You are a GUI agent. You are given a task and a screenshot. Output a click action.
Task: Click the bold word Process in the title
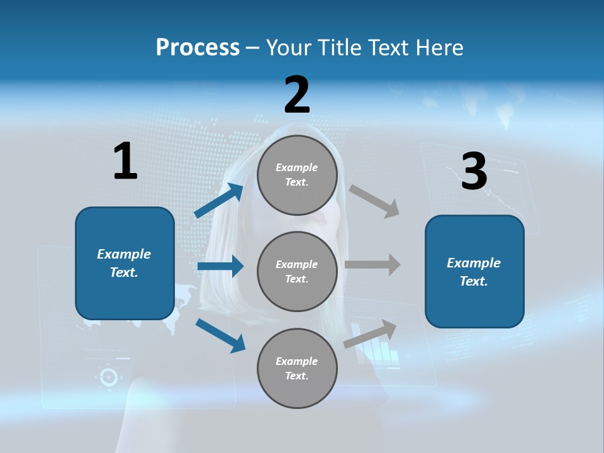click(x=198, y=48)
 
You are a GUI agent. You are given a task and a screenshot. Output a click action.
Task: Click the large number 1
click(x=125, y=162)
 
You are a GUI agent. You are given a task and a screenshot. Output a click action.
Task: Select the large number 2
click(x=297, y=95)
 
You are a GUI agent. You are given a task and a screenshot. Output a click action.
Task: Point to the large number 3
click(x=474, y=171)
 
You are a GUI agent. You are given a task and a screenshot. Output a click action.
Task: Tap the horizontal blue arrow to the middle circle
click(x=220, y=266)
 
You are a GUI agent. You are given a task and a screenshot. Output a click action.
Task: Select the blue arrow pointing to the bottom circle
click(x=220, y=335)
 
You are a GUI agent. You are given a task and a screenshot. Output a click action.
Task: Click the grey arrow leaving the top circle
click(x=374, y=201)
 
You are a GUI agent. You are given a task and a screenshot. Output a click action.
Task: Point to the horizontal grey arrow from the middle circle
click(x=372, y=264)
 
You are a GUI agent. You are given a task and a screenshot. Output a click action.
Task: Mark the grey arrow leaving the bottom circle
click(x=370, y=334)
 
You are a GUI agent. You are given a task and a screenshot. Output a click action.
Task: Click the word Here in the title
click(x=439, y=48)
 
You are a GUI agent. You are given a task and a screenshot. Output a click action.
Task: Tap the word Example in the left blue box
click(x=124, y=254)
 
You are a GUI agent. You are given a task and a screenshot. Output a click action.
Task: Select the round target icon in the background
click(x=108, y=377)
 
